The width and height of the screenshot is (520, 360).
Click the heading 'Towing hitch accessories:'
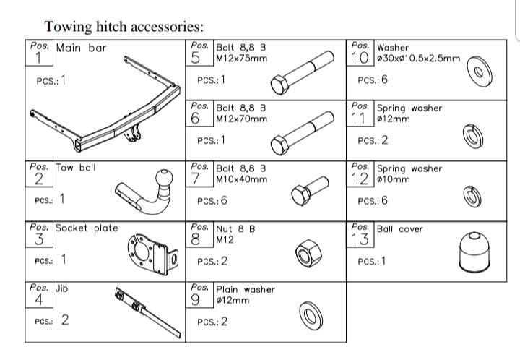point(124,27)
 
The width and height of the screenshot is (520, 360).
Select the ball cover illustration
point(474,256)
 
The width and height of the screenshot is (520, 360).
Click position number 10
point(361,58)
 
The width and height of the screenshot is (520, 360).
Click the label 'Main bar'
point(81,48)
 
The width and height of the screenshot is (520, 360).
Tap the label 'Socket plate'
point(86,228)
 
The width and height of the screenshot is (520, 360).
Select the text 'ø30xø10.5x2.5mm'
point(419,58)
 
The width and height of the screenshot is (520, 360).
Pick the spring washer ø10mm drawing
point(473,196)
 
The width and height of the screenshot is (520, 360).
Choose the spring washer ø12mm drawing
point(473,136)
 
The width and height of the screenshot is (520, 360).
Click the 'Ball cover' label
point(399,229)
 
